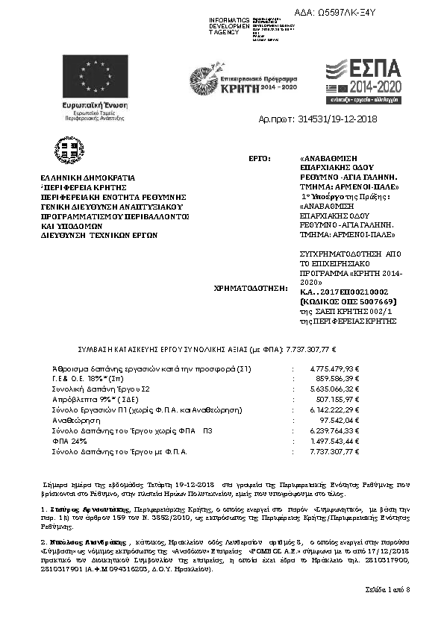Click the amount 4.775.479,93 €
[x=334, y=368]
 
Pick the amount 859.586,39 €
[x=337, y=379]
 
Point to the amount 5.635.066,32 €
[x=334, y=389]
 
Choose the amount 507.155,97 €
[x=337, y=400]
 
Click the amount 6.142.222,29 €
[x=334, y=410]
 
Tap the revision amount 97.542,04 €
[x=338, y=421]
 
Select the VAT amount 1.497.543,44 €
[x=334, y=442]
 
